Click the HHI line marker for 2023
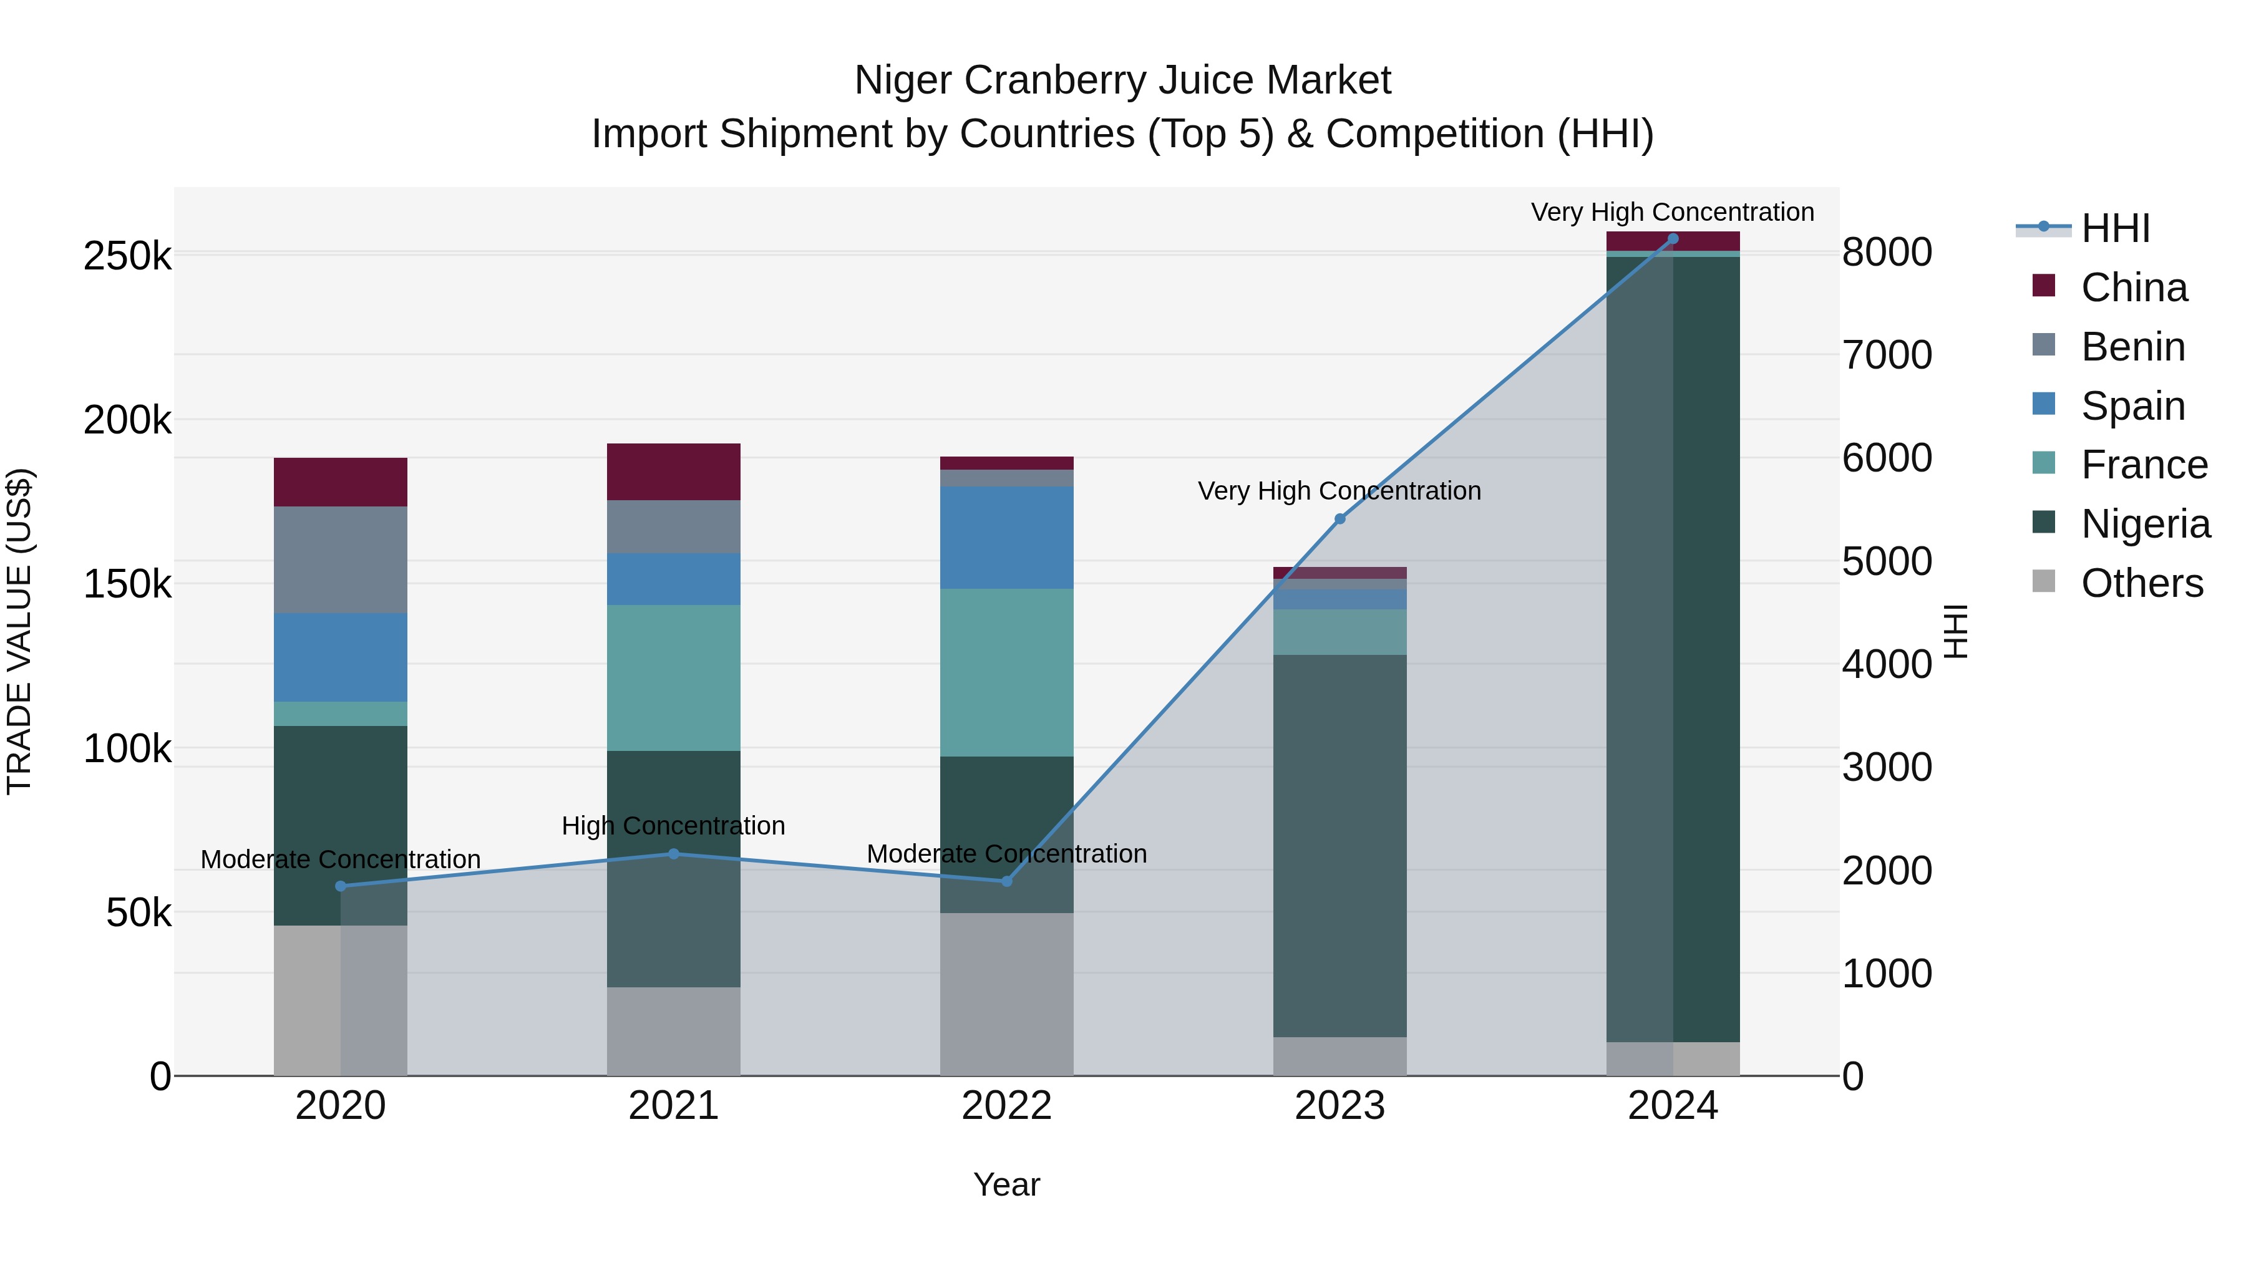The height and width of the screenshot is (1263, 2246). click(x=1340, y=519)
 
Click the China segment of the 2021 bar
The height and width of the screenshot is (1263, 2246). click(x=673, y=472)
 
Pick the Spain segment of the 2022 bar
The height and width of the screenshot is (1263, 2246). click(x=1006, y=537)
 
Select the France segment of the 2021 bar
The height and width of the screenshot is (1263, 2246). click(x=673, y=677)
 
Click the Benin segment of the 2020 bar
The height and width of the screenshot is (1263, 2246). click(x=340, y=559)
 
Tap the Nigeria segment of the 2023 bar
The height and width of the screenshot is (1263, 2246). click(x=1340, y=846)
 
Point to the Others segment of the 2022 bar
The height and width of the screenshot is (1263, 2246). click(x=1006, y=994)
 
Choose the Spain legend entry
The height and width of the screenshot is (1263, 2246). click(x=2132, y=405)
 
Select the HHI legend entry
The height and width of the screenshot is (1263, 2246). click(x=2114, y=228)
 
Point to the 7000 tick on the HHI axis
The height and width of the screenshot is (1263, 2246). click(x=1887, y=355)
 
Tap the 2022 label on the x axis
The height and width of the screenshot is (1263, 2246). click(x=1006, y=1106)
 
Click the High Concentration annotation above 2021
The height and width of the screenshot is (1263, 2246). click(x=673, y=825)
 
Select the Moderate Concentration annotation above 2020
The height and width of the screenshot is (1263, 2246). click(x=340, y=859)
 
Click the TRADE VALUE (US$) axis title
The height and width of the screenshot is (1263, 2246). click(x=19, y=631)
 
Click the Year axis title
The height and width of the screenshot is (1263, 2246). click(x=1006, y=1184)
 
